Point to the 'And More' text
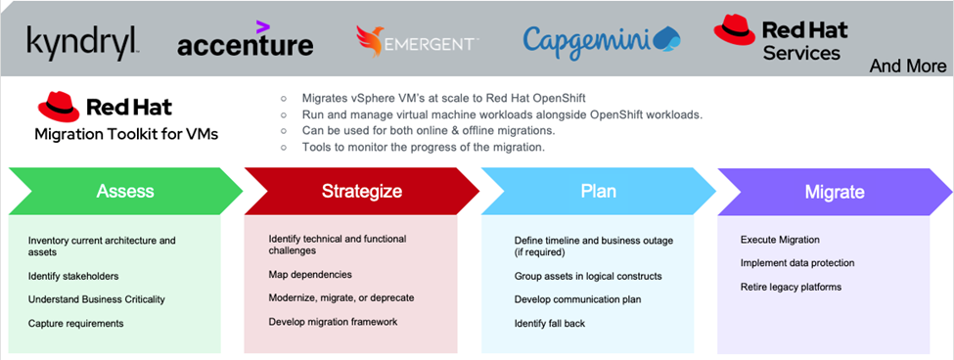click(x=908, y=67)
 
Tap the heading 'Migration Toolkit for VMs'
click(x=126, y=133)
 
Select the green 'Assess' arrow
click(x=125, y=191)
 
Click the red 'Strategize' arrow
click(x=361, y=191)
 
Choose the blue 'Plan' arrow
click(x=598, y=191)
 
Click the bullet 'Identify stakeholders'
click(x=73, y=276)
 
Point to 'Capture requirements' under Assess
click(x=76, y=323)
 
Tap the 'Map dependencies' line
click(x=310, y=274)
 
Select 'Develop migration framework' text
click(x=333, y=321)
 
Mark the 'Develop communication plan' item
click(x=577, y=299)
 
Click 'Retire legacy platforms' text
click(x=791, y=287)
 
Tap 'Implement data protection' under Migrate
click(x=797, y=262)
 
